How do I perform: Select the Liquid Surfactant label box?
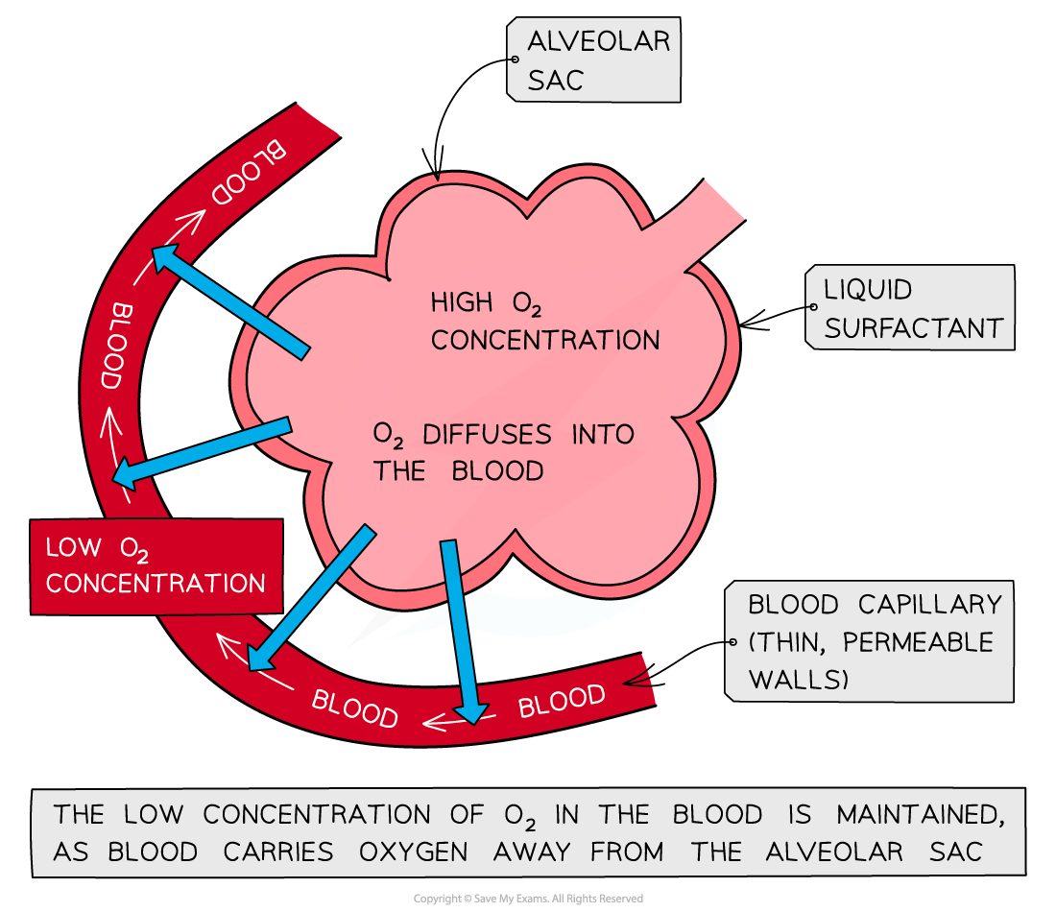pyautogui.click(x=909, y=308)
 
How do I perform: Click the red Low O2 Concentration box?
pyautogui.click(x=156, y=566)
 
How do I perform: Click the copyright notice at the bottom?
pyautogui.click(x=528, y=899)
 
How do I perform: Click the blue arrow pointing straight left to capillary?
pyautogui.click(x=202, y=451)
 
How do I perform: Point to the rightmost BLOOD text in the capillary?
pyautogui.click(x=562, y=701)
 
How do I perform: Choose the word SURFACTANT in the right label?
pyautogui.click(x=913, y=327)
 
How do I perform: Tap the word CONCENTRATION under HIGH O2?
pyautogui.click(x=545, y=340)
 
